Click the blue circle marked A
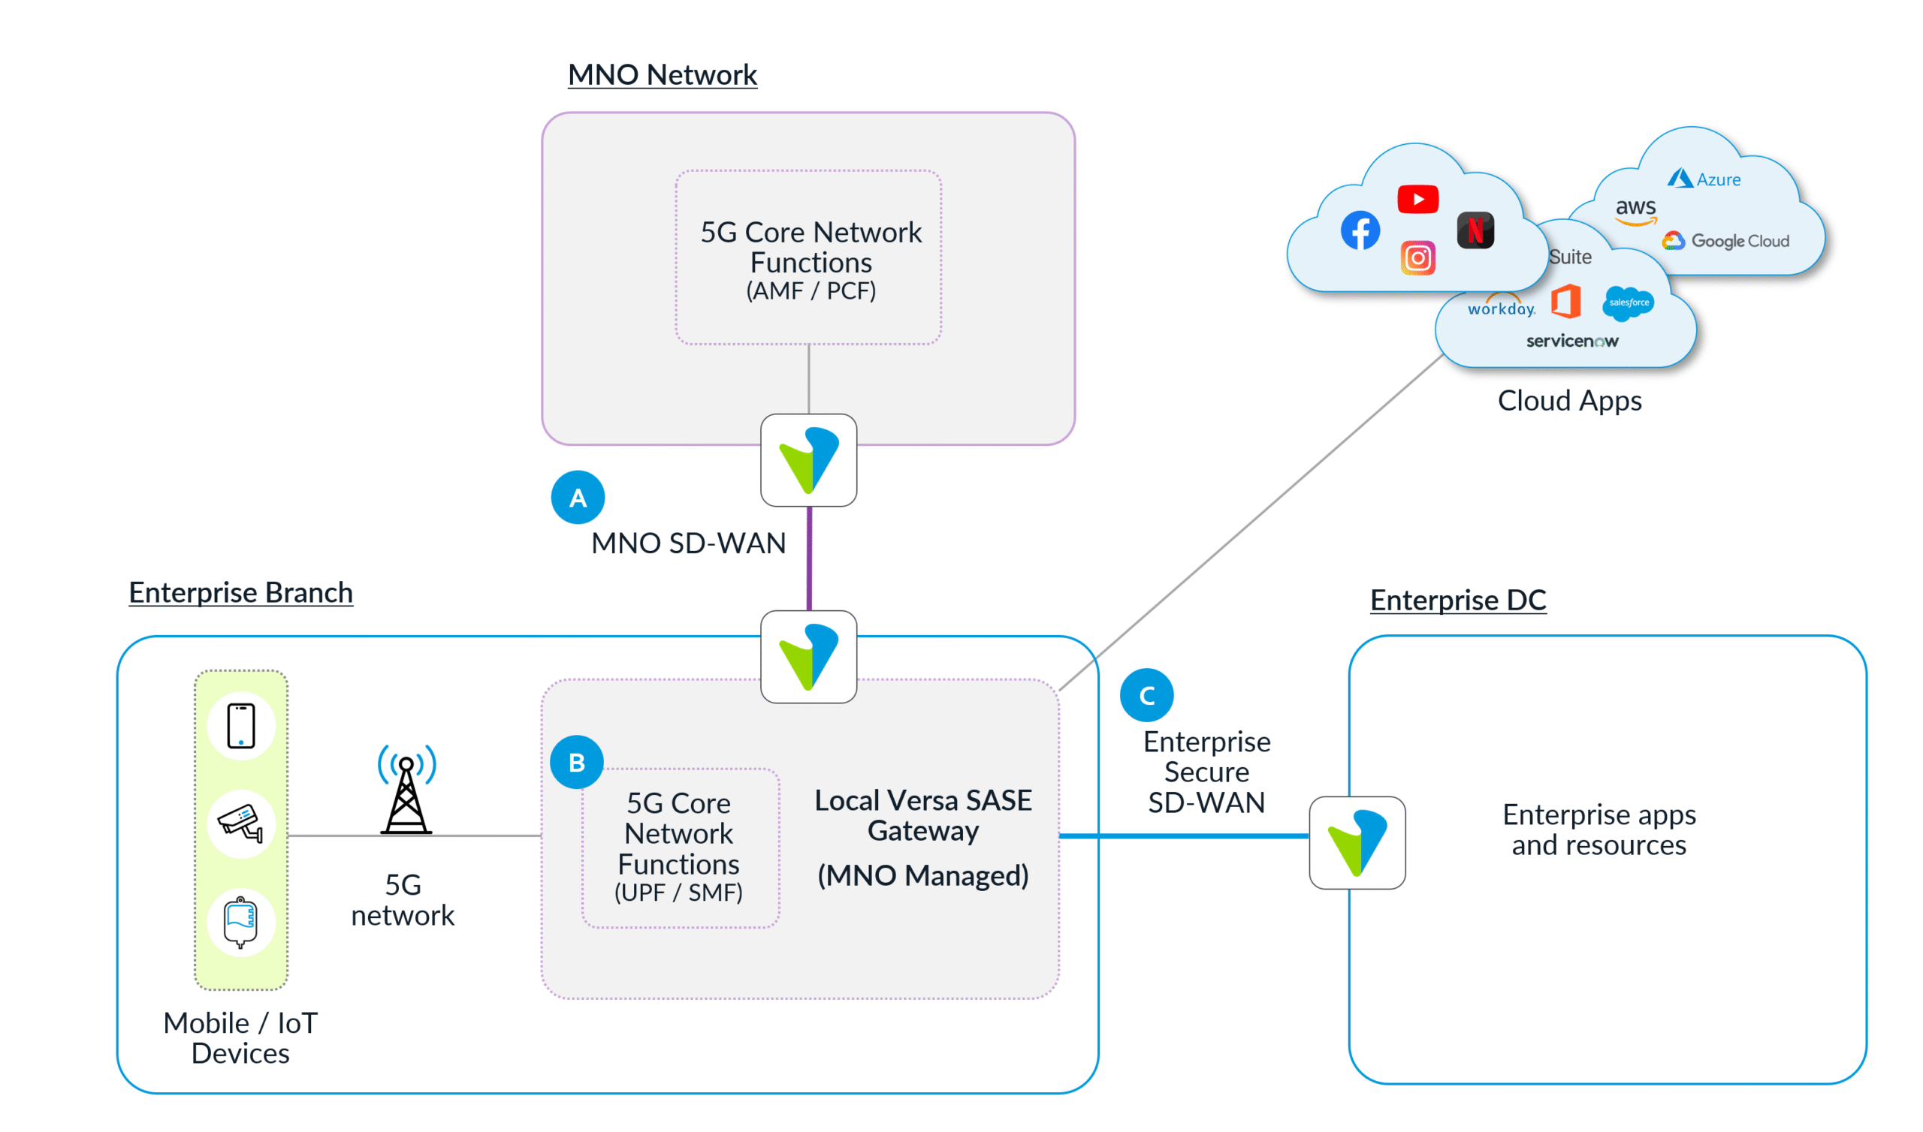coord(578,498)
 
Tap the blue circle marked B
coord(577,762)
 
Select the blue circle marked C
coord(1146,695)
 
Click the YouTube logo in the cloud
coord(1417,200)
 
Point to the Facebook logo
coord(1360,230)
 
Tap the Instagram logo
coord(1417,257)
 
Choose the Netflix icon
coord(1475,230)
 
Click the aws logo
coord(1635,209)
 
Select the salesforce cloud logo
coord(1629,303)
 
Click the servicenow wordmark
coord(1572,341)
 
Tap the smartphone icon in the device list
coord(241,725)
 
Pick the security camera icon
coord(241,823)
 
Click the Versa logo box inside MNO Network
coord(808,460)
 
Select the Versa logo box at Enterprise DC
coord(1357,842)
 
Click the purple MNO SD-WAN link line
coord(809,558)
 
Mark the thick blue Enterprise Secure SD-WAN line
coord(1183,836)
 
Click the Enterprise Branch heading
coord(240,593)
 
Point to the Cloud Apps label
coord(1569,400)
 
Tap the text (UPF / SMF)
coord(678,893)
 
